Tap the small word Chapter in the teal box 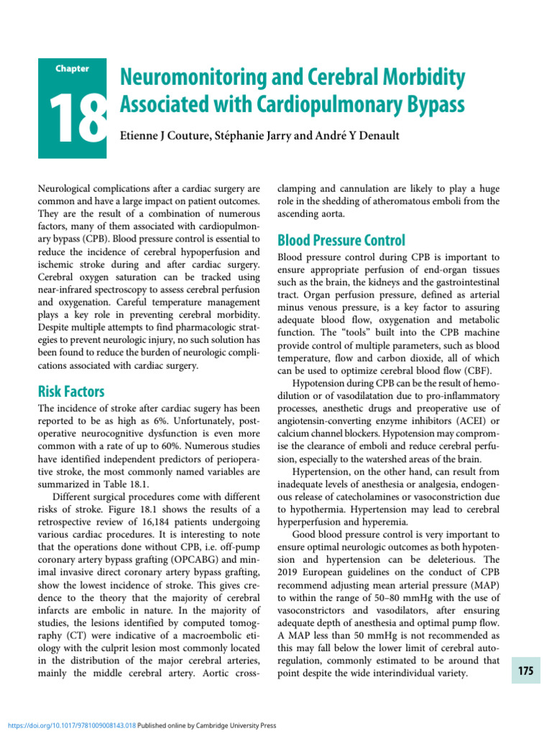[x=72, y=69]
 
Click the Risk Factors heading [x=70, y=392]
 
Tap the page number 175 [x=525, y=671]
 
